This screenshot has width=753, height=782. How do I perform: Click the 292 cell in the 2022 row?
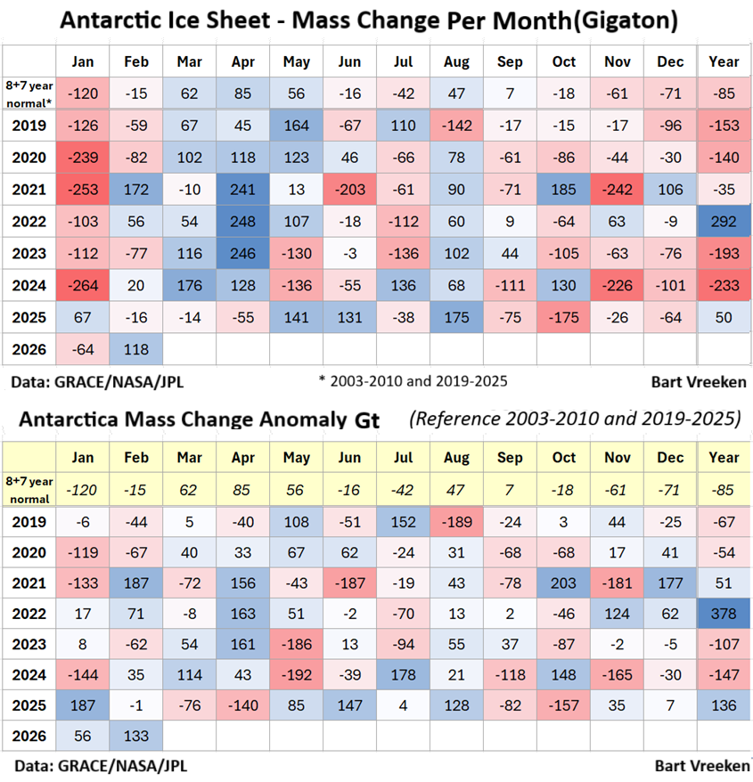[x=724, y=220]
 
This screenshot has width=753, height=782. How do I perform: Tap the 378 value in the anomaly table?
[x=724, y=614]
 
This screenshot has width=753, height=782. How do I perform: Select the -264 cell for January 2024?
[x=83, y=285]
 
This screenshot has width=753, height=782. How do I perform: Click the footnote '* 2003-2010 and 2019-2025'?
[x=413, y=381]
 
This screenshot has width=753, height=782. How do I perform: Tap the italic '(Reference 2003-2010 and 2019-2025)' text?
[x=575, y=418]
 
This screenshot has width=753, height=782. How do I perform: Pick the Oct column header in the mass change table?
[x=564, y=61]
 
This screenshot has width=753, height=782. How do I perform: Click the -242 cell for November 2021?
[x=617, y=188]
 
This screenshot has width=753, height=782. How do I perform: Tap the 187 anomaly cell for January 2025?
[x=83, y=705]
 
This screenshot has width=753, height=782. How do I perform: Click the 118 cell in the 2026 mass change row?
[x=137, y=349]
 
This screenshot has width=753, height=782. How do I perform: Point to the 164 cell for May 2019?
[x=297, y=124]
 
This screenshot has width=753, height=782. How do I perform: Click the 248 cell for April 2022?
[x=243, y=220]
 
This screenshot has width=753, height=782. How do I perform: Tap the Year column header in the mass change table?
[x=724, y=61]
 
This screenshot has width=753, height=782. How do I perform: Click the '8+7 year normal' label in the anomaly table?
[x=29, y=489]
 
